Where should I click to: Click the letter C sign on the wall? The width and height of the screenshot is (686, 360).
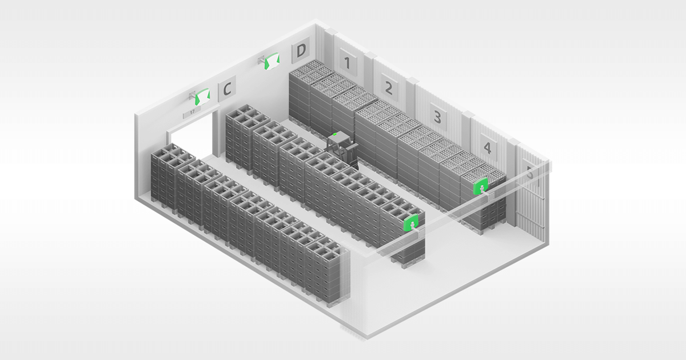(x=227, y=90)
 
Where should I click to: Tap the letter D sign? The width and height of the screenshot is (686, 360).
(x=301, y=53)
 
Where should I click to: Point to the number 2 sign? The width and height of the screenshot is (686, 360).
(x=389, y=88)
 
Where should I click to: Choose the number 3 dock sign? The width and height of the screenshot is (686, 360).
(x=437, y=117)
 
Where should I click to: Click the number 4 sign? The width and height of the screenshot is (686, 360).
(x=487, y=148)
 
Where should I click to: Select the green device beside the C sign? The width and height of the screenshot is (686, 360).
(x=201, y=97)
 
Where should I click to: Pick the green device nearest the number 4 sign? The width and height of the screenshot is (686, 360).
(x=481, y=186)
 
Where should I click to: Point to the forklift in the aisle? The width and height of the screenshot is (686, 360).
(x=341, y=147)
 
